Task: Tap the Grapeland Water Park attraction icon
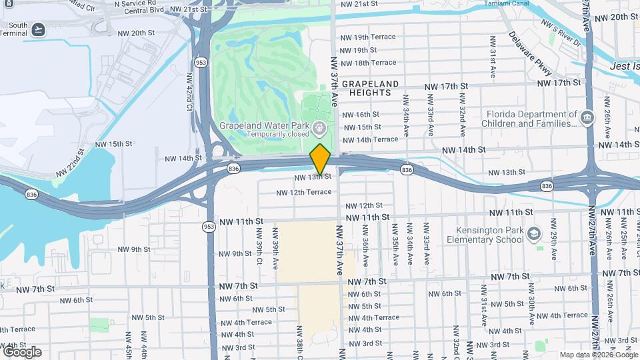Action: (x=319, y=126)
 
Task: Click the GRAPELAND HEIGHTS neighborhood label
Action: (x=371, y=88)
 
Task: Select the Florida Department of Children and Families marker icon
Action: (x=587, y=118)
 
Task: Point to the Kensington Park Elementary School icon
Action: (x=534, y=234)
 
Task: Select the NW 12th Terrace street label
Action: (x=304, y=192)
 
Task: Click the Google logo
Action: (x=21, y=351)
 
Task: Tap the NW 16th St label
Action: (x=361, y=114)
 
